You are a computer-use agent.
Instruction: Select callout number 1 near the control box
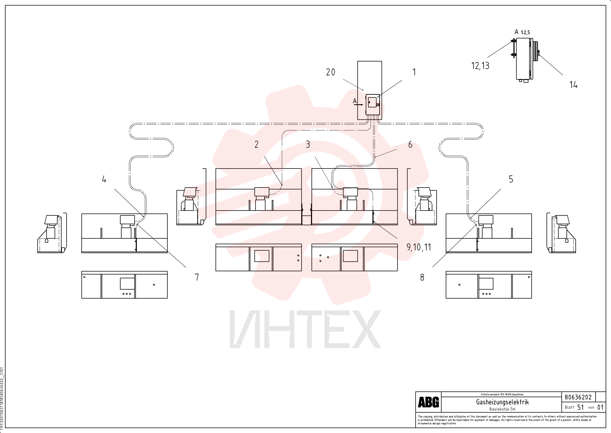(414, 72)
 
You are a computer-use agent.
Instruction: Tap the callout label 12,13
(480, 66)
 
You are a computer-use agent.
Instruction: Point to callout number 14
(573, 85)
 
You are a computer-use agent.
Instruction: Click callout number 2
(257, 144)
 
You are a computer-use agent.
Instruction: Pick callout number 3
(308, 144)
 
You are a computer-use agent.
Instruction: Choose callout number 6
(410, 144)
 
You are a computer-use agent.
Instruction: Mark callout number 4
(104, 179)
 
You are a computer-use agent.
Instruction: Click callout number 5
(511, 179)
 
